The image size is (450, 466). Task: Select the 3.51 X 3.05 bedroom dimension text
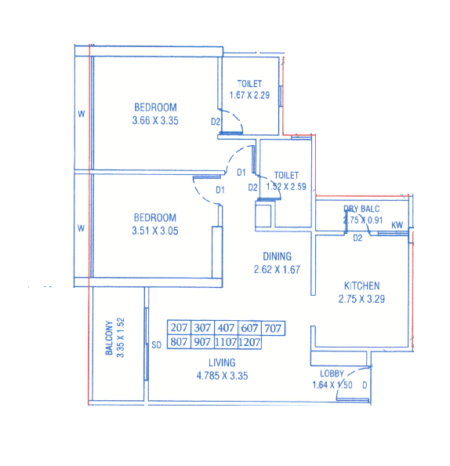coord(154,231)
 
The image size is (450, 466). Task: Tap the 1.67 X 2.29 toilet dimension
coord(250,96)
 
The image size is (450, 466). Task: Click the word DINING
coord(278,256)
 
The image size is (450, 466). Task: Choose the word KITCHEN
coord(361,286)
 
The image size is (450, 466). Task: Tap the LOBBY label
coord(334,373)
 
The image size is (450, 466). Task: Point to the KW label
coord(397,226)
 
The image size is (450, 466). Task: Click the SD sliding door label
coord(156,344)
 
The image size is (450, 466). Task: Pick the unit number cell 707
coord(274,328)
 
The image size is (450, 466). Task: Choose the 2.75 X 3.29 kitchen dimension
coord(361,299)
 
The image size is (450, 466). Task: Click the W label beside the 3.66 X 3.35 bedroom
coord(81,115)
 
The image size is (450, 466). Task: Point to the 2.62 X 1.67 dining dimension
coord(278,269)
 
